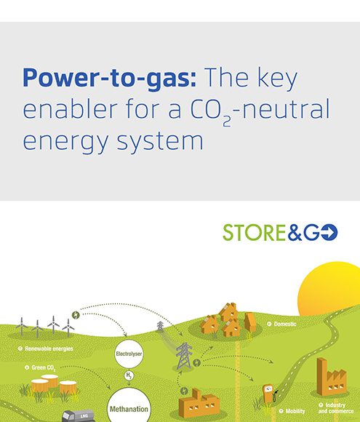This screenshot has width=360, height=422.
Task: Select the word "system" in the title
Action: [x=160, y=140]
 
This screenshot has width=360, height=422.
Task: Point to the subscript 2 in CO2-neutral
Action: [x=227, y=122]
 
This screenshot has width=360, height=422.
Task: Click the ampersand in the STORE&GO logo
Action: [x=295, y=233]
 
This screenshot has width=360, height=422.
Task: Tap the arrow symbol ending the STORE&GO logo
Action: [x=329, y=232]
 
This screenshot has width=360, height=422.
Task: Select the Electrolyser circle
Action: [x=129, y=354]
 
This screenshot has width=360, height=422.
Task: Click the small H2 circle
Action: [x=129, y=375]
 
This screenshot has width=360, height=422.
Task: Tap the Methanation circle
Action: [x=129, y=407]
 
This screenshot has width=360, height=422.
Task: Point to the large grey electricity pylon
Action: [x=184, y=356]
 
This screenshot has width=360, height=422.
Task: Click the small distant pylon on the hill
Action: [x=160, y=326]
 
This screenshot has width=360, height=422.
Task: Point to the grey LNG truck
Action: [x=79, y=416]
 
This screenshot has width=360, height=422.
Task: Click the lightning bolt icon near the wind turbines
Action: [x=76, y=315]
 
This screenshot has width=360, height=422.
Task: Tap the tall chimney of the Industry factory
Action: [x=321, y=375]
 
